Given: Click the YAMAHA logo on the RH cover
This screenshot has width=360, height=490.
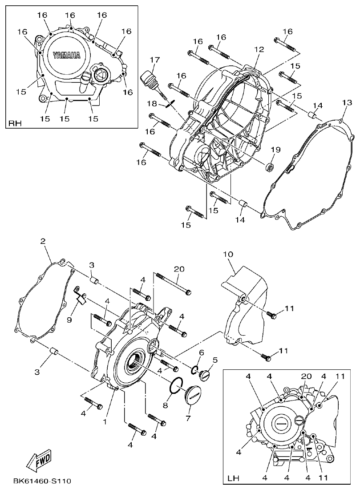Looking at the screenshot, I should (x=67, y=56).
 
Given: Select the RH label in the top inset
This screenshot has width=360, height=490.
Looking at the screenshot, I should (x=15, y=123).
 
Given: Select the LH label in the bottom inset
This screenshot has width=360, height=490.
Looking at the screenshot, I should (x=233, y=478).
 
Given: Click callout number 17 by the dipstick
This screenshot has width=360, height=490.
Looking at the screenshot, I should (x=154, y=60).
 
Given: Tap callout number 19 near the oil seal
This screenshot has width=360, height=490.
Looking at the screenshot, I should (x=275, y=150).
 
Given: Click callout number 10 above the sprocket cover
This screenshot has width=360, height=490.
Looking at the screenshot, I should (x=228, y=254).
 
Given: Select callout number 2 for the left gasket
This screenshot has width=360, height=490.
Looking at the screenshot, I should (x=43, y=241).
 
